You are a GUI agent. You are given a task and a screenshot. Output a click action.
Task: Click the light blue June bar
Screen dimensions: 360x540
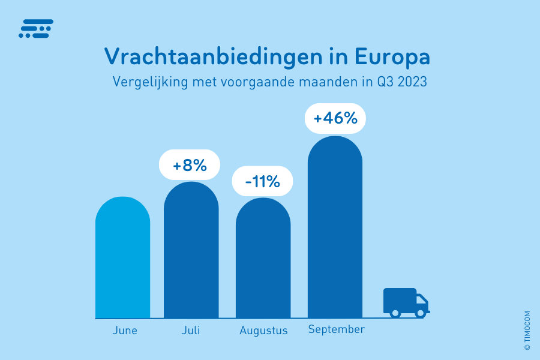(x=122, y=258)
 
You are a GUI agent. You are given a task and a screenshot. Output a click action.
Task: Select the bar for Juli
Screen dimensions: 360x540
(x=191, y=252)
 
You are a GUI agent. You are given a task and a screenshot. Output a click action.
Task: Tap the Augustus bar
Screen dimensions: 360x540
(x=263, y=259)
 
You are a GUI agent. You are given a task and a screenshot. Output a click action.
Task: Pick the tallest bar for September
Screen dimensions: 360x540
(x=335, y=228)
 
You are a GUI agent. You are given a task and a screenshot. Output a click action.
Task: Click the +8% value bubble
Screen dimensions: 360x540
(x=190, y=165)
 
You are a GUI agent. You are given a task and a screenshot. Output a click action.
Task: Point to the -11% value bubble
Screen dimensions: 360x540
(x=263, y=181)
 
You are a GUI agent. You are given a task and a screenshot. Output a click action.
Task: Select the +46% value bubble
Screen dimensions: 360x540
(x=335, y=118)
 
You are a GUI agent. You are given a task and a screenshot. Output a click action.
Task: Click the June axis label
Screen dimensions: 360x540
(x=125, y=331)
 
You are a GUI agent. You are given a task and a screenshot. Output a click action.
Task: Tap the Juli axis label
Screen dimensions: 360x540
(x=191, y=331)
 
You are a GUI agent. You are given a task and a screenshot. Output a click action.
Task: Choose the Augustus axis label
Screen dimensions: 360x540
(x=263, y=331)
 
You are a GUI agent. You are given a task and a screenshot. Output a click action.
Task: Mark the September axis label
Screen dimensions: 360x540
(x=336, y=329)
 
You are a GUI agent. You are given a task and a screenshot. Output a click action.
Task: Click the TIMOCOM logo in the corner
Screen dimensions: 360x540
(x=36, y=29)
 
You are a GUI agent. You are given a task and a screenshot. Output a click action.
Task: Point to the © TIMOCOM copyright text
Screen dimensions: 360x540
(x=527, y=330)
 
